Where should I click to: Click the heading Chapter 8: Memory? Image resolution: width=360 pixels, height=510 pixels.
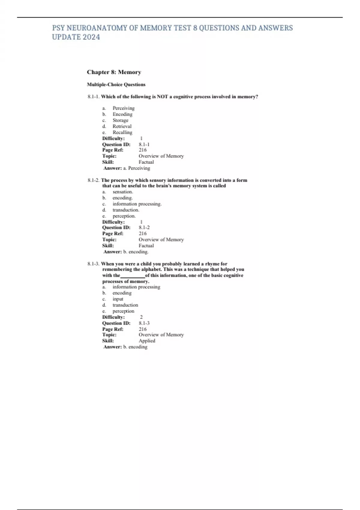(114, 72)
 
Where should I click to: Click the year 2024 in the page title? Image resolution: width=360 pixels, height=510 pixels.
(91, 37)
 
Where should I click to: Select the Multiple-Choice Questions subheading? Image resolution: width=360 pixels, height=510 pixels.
(116, 85)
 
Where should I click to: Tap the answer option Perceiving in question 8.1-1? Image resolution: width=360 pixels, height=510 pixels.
(123, 108)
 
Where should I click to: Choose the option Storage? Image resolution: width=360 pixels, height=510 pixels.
(120, 120)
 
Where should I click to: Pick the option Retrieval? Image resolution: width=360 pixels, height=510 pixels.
(122, 126)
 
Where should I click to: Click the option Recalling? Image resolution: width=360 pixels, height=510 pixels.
(122, 132)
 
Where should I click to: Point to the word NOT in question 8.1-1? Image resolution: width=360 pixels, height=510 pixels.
(162, 97)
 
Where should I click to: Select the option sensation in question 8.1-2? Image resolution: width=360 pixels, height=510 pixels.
(123, 192)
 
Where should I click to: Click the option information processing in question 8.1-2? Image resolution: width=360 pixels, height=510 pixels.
(137, 204)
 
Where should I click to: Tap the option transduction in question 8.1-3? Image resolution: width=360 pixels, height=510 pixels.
(125, 305)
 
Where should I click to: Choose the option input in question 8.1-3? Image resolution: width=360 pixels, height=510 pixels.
(118, 299)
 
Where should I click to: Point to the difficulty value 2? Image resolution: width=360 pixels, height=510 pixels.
(141, 317)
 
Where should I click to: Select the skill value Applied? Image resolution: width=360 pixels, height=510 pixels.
(147, 341)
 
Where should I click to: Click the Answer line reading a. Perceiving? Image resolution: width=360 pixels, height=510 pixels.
(127, 168)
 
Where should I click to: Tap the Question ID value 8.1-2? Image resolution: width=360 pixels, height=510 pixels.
(144, 228)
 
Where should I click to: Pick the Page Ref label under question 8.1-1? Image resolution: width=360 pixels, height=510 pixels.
(112, 150)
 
